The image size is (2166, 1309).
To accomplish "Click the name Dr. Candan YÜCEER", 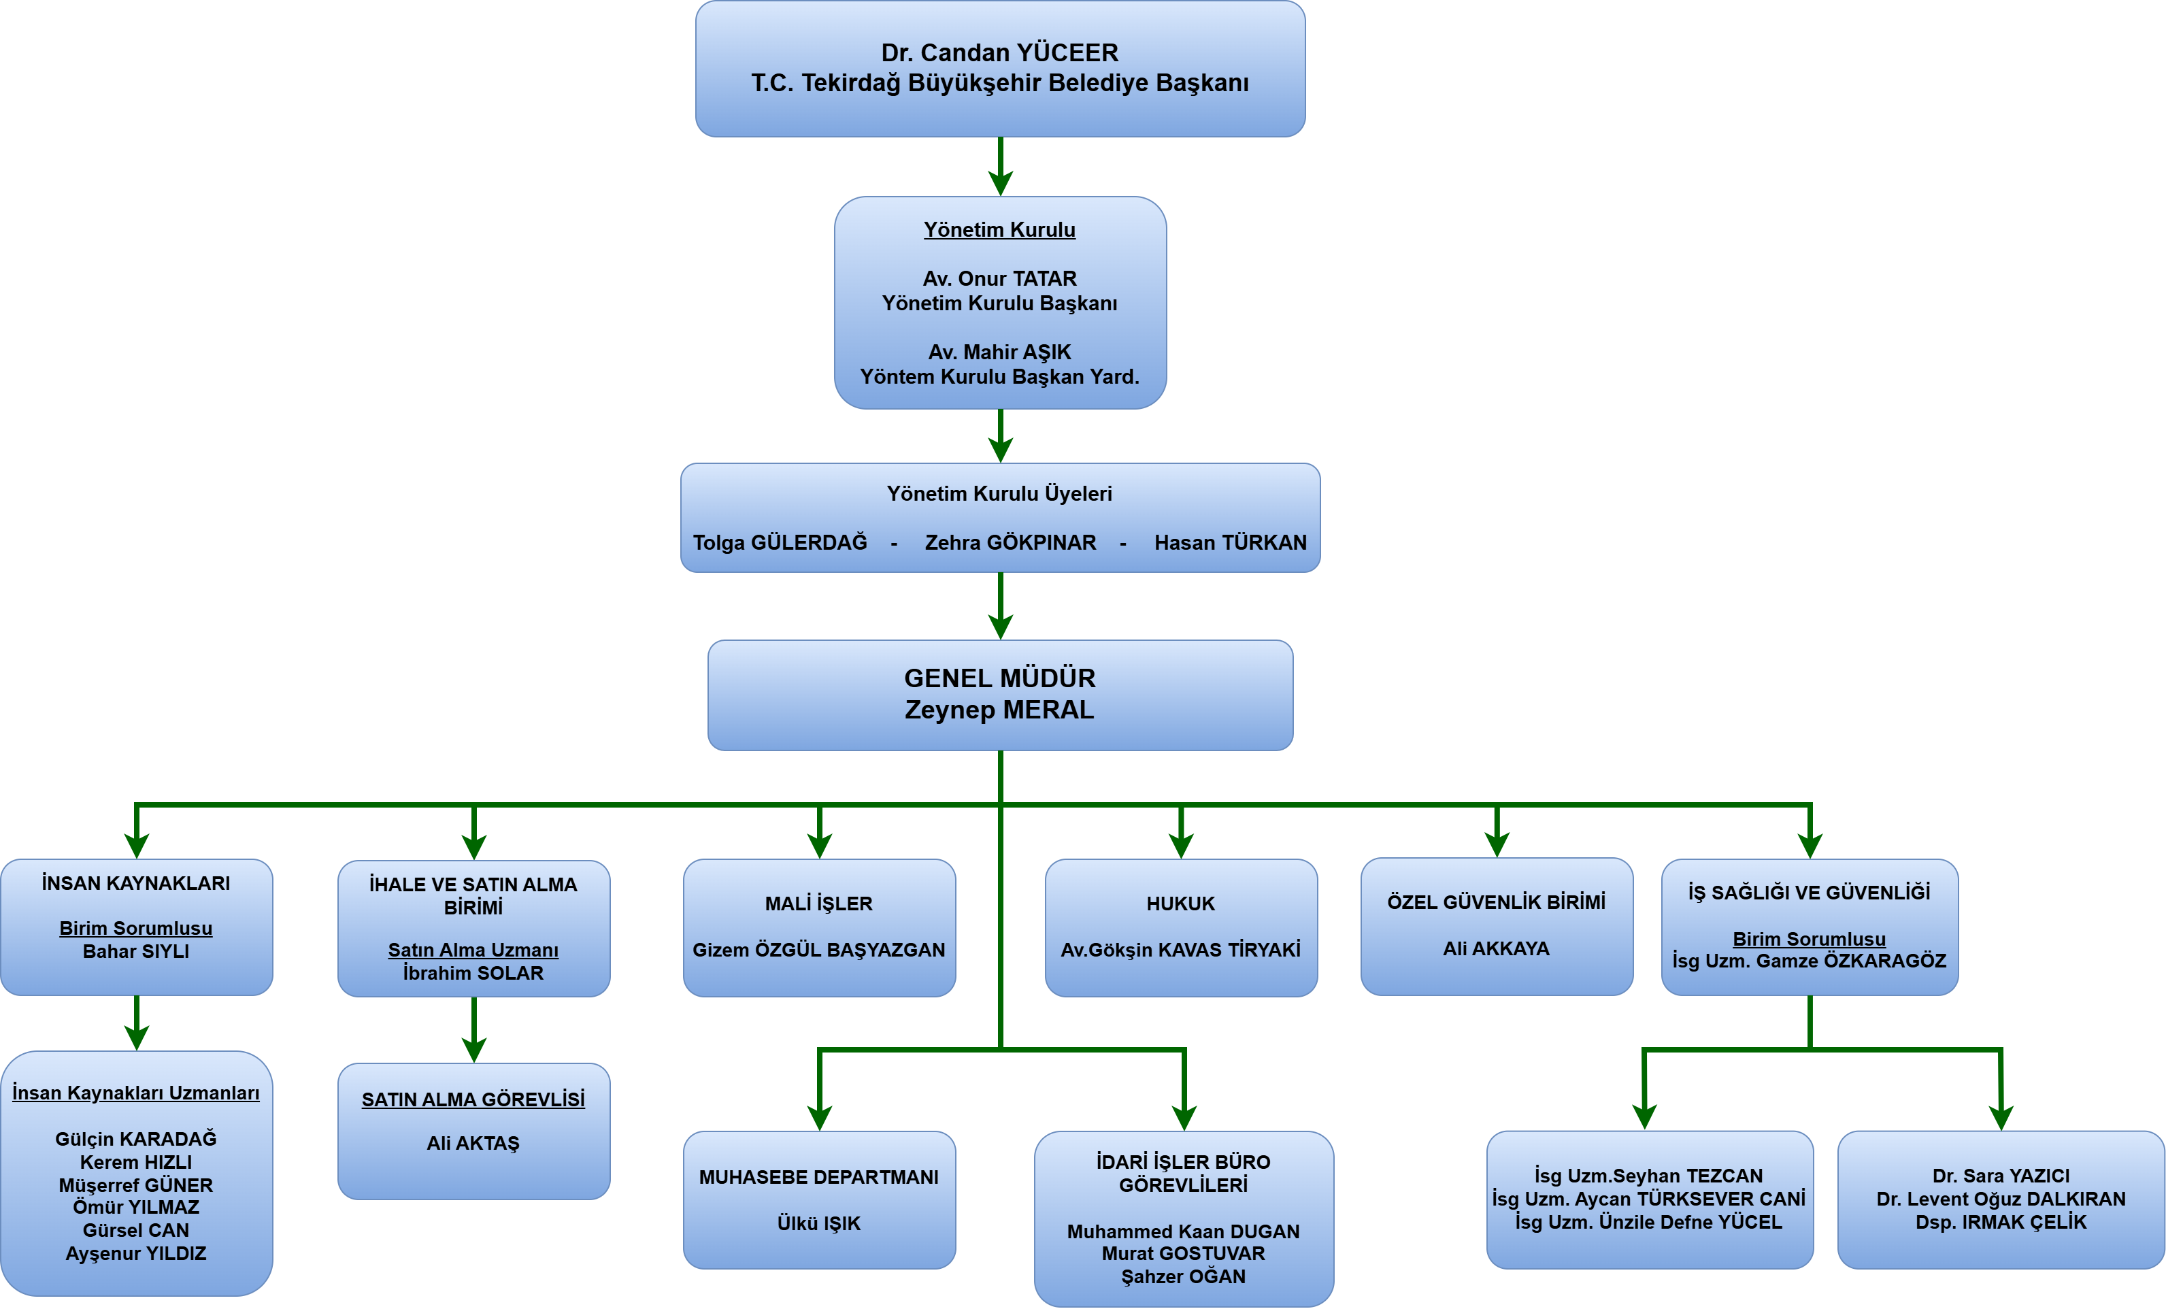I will pos(999,53).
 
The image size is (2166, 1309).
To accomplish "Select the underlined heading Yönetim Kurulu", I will pos(999,229).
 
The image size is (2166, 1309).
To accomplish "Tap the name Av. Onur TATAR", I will pos(999,279).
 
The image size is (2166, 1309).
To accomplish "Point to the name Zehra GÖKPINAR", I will pos(1010,542).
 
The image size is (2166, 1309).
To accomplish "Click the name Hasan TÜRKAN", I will pos(1230,542).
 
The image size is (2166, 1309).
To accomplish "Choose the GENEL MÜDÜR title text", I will pos(999,678).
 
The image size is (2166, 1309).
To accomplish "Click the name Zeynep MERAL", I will pos(999,710).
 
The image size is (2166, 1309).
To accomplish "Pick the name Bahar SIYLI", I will pos(136,951).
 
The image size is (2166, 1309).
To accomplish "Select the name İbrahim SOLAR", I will pos(473,973).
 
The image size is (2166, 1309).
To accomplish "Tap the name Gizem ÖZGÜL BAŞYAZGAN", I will pos(818,950).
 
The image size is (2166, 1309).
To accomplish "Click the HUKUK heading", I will pos(1180,904).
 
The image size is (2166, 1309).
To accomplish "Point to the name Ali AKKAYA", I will pos(1496,948).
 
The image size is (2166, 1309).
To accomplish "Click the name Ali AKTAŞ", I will pos(473,1143).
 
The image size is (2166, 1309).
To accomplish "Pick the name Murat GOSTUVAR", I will pos(1183,1254).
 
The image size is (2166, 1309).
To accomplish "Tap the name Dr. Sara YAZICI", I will pos(2001,1176).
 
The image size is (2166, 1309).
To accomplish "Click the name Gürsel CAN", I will pos(136,1230).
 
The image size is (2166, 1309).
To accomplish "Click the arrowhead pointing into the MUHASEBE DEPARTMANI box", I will pos(819,1119).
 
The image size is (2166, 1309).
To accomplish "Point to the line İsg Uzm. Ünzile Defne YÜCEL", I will pos(1648,1222).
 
